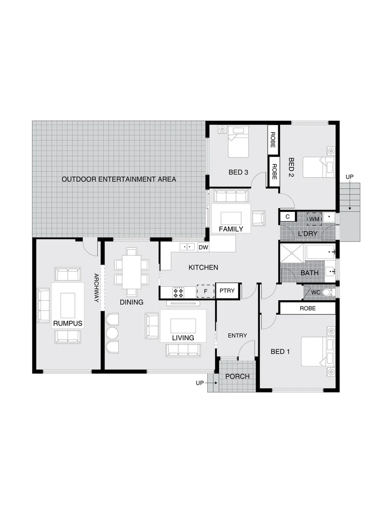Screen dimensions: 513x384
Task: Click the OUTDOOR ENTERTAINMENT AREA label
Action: (x=119, y=179)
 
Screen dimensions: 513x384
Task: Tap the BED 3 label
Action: (x=238, y=172)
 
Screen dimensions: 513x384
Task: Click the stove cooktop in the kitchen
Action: (x=178, y=292)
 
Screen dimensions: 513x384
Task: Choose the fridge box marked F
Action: (x=205, y=291)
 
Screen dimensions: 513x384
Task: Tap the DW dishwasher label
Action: (x=203, y=247)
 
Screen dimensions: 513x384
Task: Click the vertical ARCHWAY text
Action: (x=96, y=287)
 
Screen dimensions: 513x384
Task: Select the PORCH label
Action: (x=237, y=377)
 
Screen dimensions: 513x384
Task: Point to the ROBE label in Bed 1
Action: (x=307, y=308)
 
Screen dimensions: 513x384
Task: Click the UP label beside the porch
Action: (x=200, y=382)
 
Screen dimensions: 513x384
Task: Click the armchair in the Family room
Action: (x=258, y=218)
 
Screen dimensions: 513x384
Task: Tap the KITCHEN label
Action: (x=203, y=267)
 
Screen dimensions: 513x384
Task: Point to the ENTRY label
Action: (x=238, y=335)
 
